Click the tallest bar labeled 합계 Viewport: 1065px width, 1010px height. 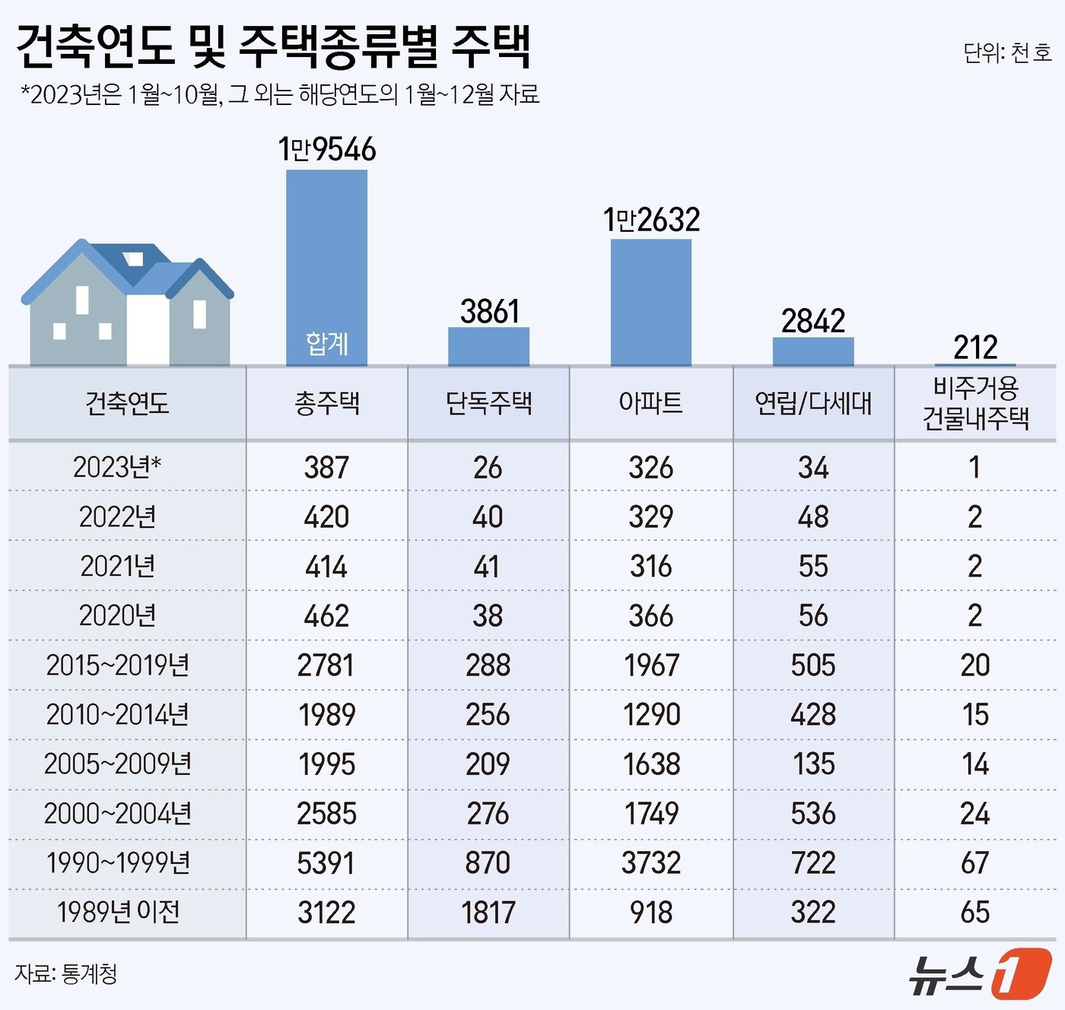click(x=326, y=266)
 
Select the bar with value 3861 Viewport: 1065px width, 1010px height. click(x=488, y=347)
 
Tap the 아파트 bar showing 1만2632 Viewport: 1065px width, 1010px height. click(x=651, y=302)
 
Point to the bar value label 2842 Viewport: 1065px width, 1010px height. click(x=813, y=321)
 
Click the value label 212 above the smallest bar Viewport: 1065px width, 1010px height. click(x=975, y=348)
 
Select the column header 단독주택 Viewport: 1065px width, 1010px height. click(x=488, y=403)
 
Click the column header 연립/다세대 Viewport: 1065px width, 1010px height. click(x=813, y=403)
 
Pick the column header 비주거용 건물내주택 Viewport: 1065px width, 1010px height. click(x=975, y=403)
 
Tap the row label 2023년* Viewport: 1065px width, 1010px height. click(x=117, y=467)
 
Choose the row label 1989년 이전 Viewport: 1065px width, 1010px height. click(x=119, y=912)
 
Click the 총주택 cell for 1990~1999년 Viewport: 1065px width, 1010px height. click(x=326, y=862)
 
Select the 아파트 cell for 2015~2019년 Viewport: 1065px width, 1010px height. click(x=651, y=665)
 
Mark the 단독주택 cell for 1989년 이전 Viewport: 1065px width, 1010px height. click(x=488, y=912)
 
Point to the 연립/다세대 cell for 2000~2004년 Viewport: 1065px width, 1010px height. click(x=813, y=813)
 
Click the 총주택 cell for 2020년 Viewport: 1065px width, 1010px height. click(x=326, y=616)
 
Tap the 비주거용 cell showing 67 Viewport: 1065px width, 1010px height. click(x=975, y=862)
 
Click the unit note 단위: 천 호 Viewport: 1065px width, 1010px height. click(x=1007, y=52)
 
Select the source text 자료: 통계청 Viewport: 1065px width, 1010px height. click(x=66, y=974)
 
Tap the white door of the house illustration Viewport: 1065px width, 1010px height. click(x=148, y=330)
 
